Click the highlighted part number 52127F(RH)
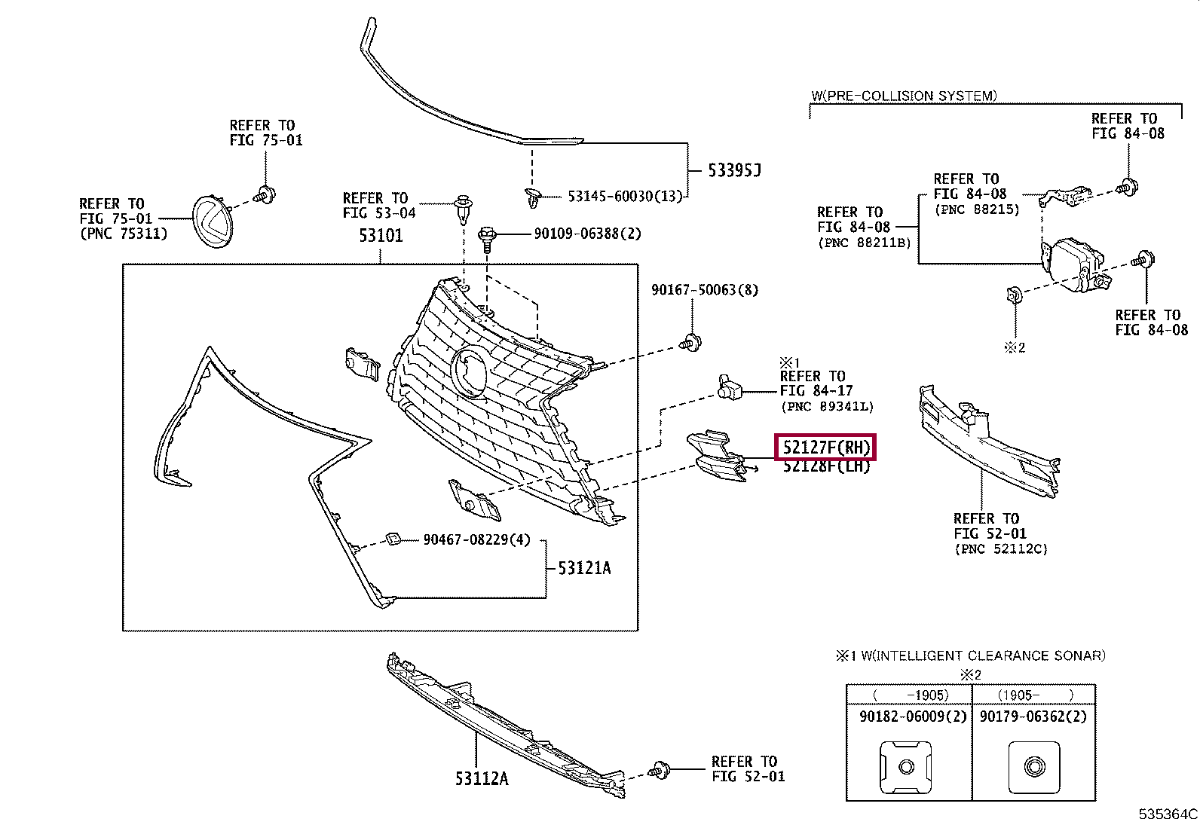(x=825, y=448)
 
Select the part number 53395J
(x=733, y=170)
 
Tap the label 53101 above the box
(x=381, y=236)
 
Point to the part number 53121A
(x=584, y=568)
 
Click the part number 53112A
(x=481, y=778)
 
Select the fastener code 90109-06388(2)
(x=587, y=234)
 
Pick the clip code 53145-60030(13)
(x=624, y=196)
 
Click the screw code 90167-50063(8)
(x=704, y=290)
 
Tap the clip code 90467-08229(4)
(x=476, y=539)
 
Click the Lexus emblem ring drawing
(x=211, y=220)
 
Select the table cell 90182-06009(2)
(x=912, y=716)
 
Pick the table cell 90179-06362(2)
(x=1033, y=716)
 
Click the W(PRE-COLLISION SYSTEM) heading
(x=903, y=96)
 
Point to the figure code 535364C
(x=1167, y=814)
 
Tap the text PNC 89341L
(x=827, y=407)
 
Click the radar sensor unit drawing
(x=1074, y=264)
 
